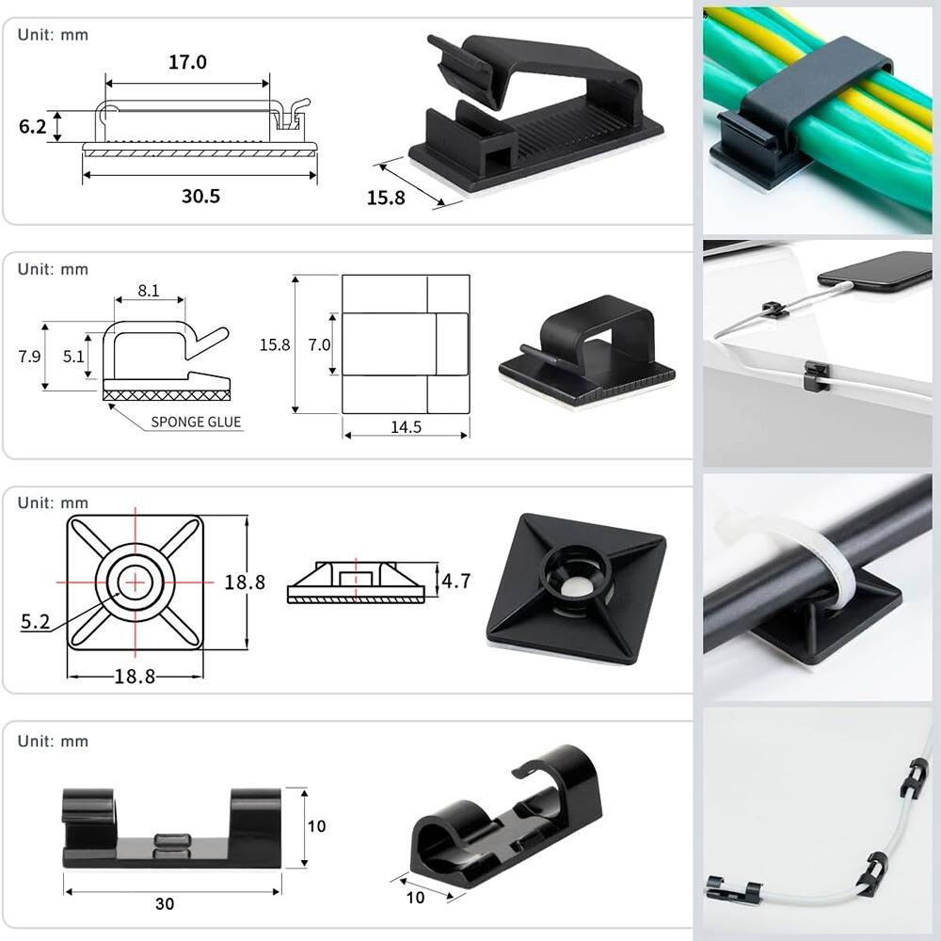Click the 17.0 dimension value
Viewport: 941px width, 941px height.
(x=187, y=62)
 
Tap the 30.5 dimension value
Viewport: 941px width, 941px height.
(x=201, y=197)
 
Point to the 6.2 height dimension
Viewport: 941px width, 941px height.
(x=32, y=127)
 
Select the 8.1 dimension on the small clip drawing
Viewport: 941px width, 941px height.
(x=149, y=291)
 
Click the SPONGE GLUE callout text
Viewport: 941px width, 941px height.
(x=196, y=422)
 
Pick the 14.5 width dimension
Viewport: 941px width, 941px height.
(x=406, y=426)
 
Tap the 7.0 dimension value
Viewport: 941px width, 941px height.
(x=319, y=344)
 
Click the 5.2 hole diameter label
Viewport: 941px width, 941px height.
(x=36, y=621)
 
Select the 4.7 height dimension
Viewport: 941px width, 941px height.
(x=456, y=581)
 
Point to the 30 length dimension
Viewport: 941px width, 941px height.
(x=165, y=903)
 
